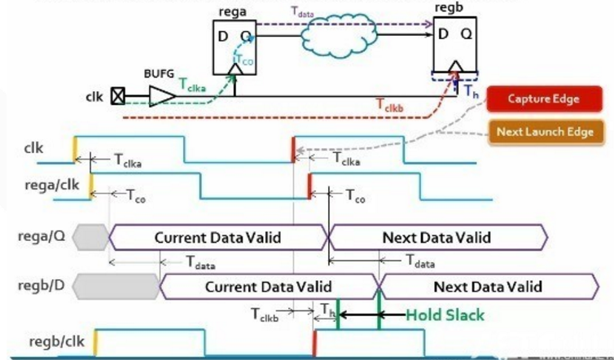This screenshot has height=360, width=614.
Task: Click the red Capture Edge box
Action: [543, 99]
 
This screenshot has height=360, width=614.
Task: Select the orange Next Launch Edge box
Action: [543, 131]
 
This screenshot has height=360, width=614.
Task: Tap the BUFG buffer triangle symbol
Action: [161, 97]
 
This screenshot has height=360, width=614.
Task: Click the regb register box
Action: [454, 46]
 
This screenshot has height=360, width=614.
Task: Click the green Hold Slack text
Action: [445, 315]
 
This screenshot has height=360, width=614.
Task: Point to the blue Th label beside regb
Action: [471, 89]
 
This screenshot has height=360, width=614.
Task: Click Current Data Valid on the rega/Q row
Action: [217, 237]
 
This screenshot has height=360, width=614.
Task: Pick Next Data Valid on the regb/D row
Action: [489, 287]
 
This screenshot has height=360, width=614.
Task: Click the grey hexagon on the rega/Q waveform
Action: [90, 237]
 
